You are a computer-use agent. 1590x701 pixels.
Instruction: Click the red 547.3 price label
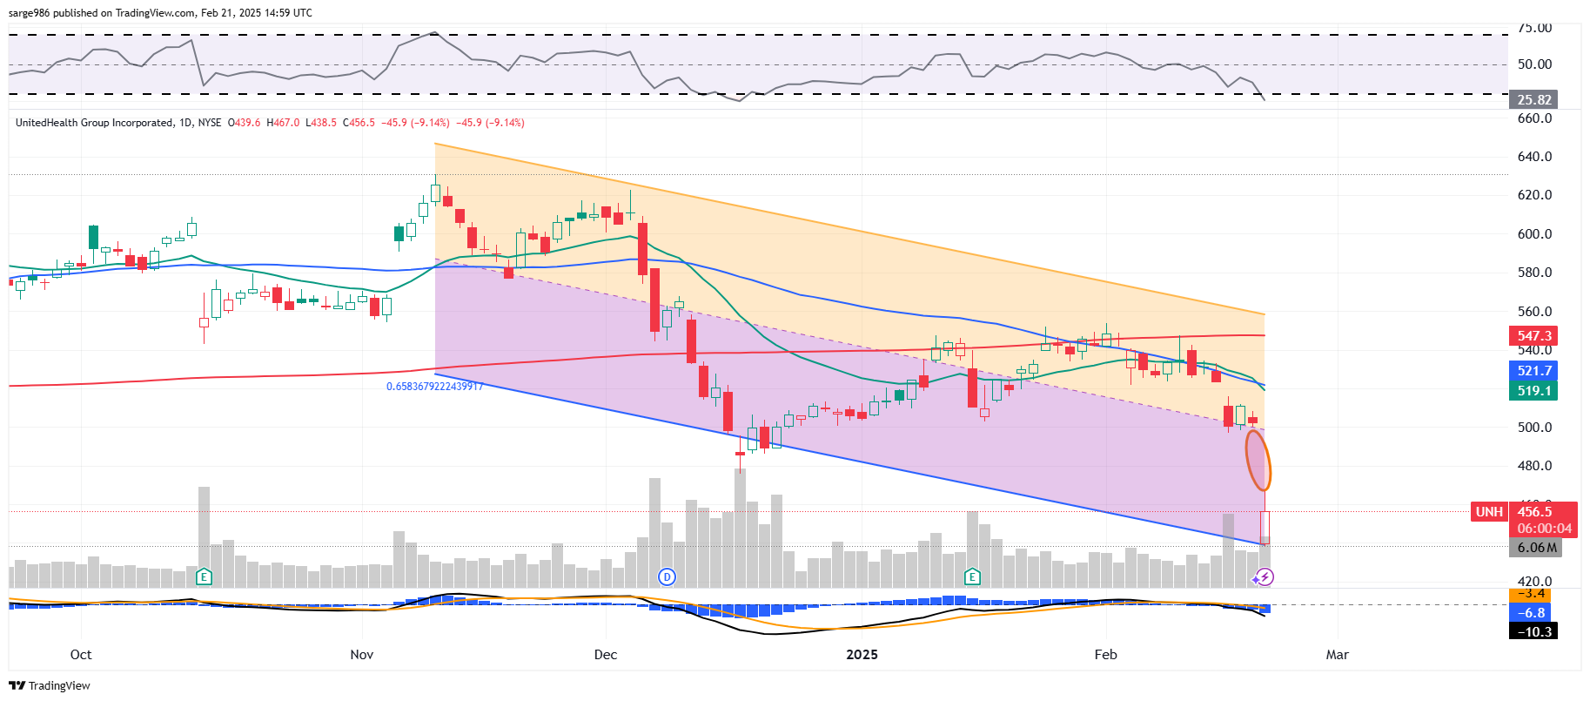pos(1533,336)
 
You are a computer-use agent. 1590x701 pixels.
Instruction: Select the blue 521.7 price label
pos(1533,371)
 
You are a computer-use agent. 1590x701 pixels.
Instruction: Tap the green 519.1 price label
pos(1533,391)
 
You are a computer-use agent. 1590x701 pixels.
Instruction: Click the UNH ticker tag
pos(1489,512)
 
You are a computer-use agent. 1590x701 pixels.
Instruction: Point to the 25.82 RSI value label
pos(1533,100)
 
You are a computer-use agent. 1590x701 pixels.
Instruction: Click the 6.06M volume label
pos(1536,548)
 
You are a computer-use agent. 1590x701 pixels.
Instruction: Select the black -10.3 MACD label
pos(1533,631)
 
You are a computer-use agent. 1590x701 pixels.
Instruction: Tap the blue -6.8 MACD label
pos(1533,613)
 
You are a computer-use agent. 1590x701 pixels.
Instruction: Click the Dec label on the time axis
pos(606,655)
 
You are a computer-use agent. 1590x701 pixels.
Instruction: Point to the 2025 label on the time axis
pos(862,655)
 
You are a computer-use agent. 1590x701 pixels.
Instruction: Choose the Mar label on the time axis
pos(1337,655)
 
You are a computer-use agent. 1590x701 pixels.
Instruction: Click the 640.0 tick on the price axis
pos(1534,157)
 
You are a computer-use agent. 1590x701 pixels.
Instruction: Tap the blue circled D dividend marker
pos(667,576)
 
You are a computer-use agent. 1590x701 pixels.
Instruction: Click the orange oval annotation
pos(1258,461)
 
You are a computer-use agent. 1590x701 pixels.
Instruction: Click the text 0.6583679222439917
pos(434,387)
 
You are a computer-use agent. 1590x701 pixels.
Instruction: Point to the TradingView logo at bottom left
pos(50,686)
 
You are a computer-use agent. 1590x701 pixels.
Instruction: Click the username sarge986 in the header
pos(29,13)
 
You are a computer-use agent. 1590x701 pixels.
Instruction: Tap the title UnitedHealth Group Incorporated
pos(94,123)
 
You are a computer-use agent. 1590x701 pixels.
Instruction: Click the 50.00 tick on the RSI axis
pos(1534,64)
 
